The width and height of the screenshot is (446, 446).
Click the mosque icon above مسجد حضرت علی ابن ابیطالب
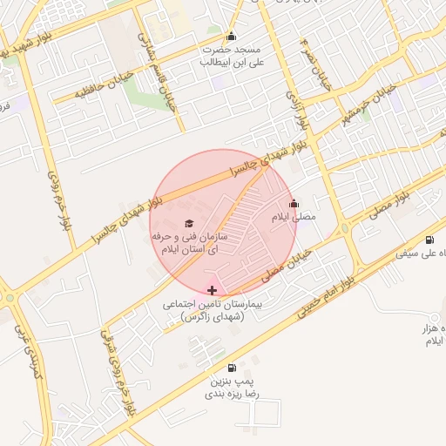click(231, 37)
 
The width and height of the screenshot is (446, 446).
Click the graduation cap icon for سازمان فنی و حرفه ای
click(191, 224)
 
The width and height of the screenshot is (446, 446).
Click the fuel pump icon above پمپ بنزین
click(231, 368)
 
